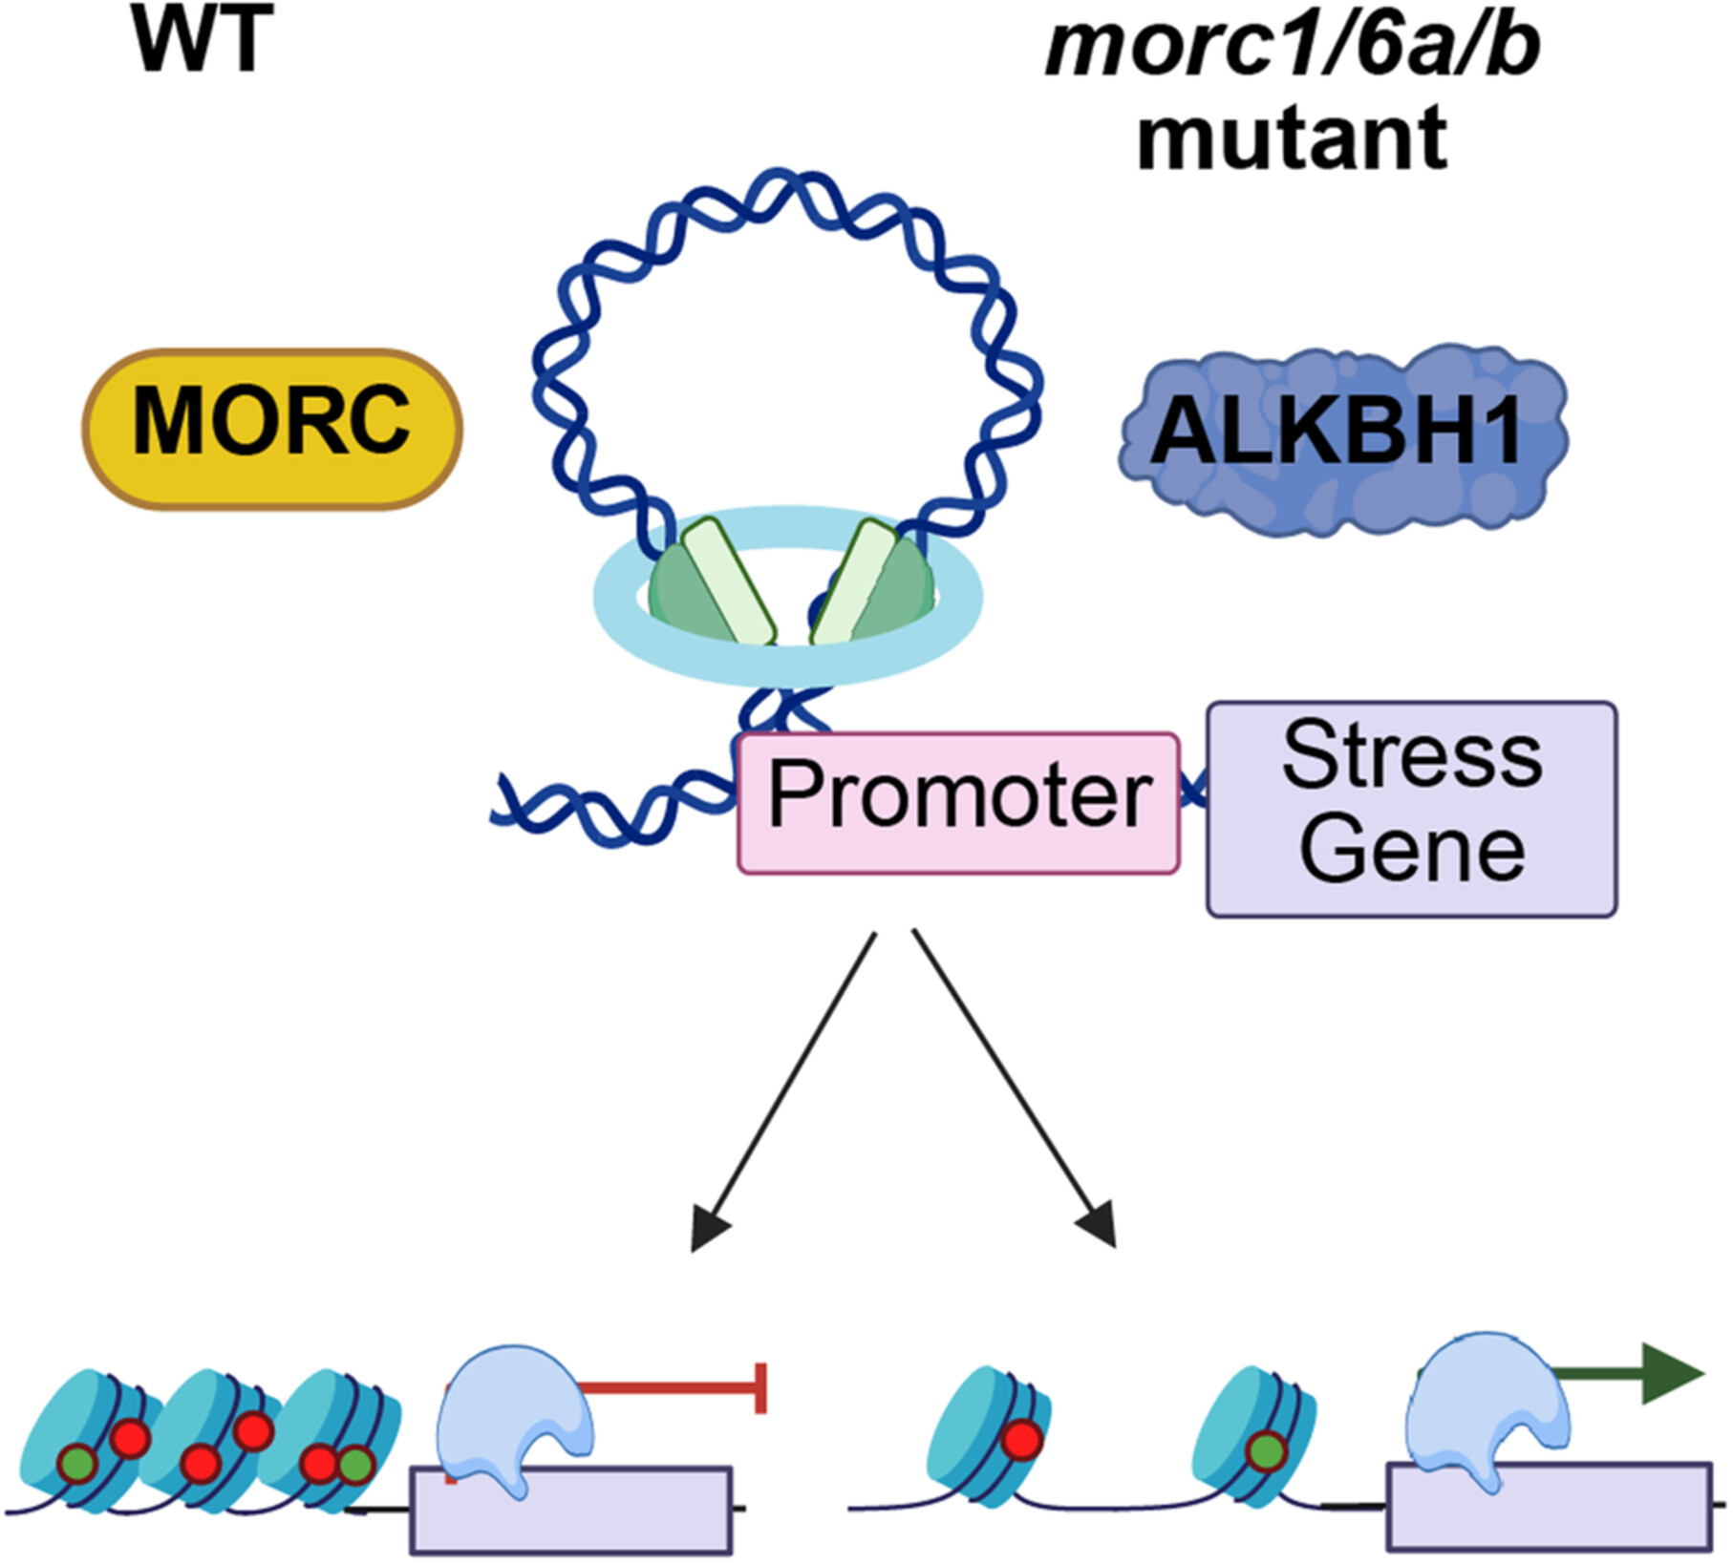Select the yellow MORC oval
(272, 429)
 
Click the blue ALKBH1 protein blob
(1342, 435)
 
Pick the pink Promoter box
(958, 803)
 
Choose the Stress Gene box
(1411, 810)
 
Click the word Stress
(1411, 757)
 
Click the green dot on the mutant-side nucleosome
(1266, 1452)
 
